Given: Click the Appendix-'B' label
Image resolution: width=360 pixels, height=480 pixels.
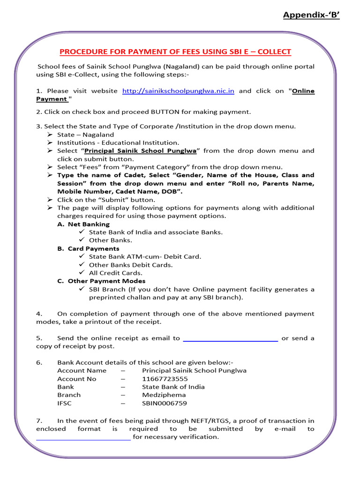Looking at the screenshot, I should coord(311,15).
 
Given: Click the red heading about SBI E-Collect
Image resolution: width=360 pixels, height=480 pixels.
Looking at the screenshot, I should coord(175,52).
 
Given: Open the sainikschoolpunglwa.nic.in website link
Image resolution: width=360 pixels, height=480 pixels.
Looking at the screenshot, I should coord(178,91).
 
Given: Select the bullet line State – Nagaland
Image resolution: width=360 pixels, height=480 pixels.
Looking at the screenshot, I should coord(85,135).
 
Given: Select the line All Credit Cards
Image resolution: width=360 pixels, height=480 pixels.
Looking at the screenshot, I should coord(116,273).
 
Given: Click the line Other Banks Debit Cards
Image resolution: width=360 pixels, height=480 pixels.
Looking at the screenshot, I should coord(131,265).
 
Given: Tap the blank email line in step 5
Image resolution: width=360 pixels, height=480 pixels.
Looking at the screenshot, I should coord(230,338).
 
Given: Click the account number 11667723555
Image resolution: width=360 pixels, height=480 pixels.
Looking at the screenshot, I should coord(165,379).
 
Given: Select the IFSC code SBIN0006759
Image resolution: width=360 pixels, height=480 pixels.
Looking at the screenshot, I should coord(165,403).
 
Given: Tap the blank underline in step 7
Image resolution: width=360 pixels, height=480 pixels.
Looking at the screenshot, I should coord(83,438).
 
